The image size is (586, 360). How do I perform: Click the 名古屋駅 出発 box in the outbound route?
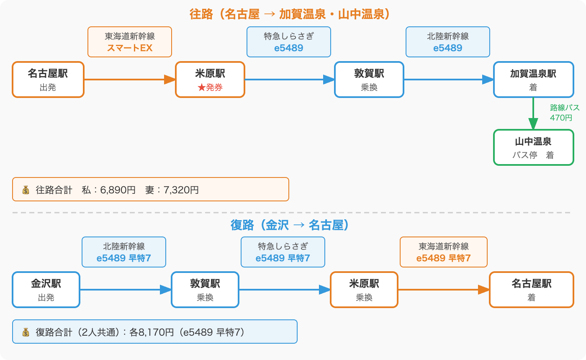point(48,80)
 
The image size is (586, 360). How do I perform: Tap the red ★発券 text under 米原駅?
point(210,88)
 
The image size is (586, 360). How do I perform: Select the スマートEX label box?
point(129,42)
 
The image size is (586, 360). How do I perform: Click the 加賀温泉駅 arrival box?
point(533,80)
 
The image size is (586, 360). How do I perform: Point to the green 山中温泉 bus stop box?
point(533,147)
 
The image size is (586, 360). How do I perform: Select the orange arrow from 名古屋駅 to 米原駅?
point(129,80)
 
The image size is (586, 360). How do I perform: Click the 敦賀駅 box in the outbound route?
point(369,80)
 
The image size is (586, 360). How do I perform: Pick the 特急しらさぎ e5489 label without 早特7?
point(288,42)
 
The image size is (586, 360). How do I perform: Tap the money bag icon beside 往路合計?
point(26,190)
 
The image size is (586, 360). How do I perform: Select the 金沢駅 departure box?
point(46,290)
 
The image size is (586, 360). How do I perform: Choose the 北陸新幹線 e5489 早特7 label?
point(123,252)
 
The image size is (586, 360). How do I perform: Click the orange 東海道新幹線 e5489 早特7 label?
point(443,252)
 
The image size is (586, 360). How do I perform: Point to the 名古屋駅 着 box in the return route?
point(531,290)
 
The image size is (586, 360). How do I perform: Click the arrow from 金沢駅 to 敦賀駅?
point(125,290)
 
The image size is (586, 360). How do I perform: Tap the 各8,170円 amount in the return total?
point(151,332)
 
